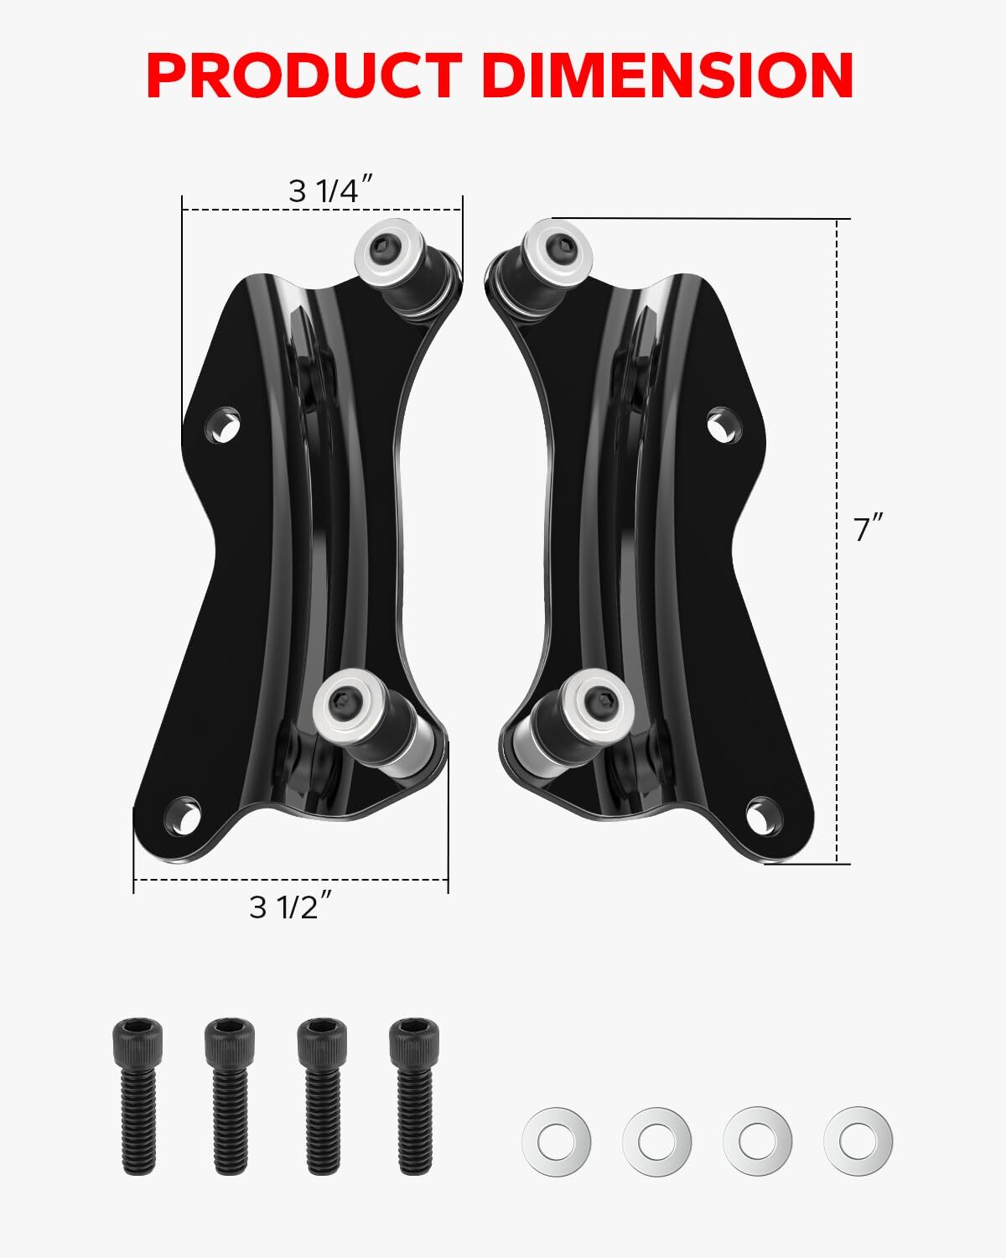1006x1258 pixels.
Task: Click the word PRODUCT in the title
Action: tap(303, 76)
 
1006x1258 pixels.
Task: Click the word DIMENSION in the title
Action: tap(667, 76)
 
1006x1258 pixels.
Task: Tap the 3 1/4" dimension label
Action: tap(324, 191)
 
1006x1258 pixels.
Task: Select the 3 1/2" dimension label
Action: tap(285, 907)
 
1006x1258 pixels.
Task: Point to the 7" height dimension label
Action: tap(869, 530)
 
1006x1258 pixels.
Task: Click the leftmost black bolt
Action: tap(137, 1095)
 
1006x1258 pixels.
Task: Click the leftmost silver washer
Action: tap(556, 1141)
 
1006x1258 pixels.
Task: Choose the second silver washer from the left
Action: tap(656, 1141)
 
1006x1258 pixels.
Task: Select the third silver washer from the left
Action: tap(757, 1141)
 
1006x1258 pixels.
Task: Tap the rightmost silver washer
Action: tap(858, 1141)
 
